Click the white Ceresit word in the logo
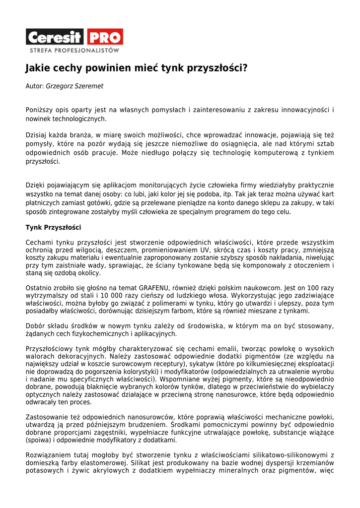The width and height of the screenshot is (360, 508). (55, 37)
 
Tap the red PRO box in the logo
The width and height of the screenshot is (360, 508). (105, 37)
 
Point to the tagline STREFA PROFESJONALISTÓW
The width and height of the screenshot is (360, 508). (74, 51)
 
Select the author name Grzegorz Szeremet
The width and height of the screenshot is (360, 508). (74, 86)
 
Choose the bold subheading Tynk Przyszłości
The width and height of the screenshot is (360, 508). (53, 228)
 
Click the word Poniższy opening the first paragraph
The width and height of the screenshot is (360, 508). (40, 110)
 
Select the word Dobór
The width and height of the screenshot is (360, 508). (35, 326)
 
